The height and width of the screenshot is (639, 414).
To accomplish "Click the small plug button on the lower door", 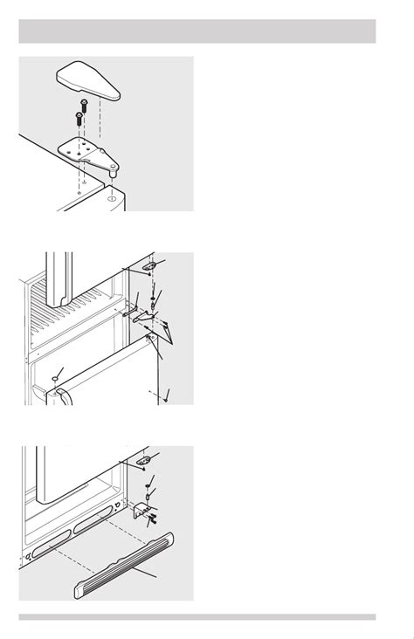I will [55, 379].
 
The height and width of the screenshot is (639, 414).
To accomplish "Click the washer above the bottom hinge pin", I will [148, 495].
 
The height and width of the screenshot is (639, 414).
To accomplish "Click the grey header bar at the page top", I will [197, 31].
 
